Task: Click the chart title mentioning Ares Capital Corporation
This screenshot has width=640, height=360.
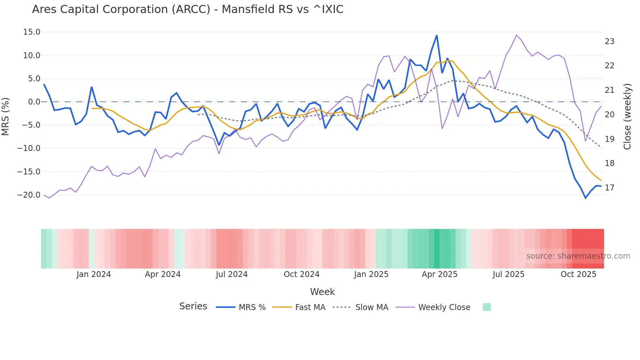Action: coord(187,9)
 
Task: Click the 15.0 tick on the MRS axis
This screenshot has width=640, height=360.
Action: coord(32,32)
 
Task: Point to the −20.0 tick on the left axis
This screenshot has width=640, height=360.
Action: coord(29,195)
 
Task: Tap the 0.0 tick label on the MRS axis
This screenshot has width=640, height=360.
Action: coord(34,102)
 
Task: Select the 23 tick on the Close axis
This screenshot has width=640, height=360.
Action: coord(610,41)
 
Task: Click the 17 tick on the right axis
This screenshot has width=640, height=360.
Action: coord(610,188)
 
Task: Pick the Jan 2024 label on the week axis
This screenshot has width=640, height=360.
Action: coord(94,274)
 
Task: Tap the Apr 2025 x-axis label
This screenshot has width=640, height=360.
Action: coord(440,274)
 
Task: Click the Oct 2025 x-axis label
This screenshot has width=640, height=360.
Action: coord(578,274)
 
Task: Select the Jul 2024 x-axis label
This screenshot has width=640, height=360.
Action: coord(232,274)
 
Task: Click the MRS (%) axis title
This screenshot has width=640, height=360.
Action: coord(6,117)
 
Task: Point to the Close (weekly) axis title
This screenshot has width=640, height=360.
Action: coord(627,117)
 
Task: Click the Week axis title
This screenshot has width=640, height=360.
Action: coord(322,292)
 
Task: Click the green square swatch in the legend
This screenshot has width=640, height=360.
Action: coord(487,307)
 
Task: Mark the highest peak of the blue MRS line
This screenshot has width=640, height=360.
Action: coord(437,36)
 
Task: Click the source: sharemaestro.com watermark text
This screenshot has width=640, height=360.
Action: coord(578,256)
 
